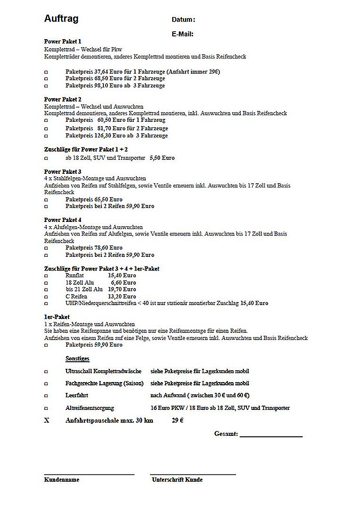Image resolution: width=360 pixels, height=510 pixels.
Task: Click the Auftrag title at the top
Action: [x=61, y=19]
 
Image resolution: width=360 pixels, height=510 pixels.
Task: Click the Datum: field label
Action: [x=183, y=20]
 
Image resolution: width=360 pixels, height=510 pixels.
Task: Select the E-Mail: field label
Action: [x=183, y=34]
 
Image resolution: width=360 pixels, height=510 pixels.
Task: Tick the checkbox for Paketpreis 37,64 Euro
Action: [x=46, y=72]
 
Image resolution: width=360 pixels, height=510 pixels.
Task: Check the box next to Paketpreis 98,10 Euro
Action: [x=46, y=86]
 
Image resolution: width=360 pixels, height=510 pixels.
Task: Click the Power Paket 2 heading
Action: [x=63, y=99]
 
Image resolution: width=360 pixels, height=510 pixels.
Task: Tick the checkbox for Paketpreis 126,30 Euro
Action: [x=46, y=136]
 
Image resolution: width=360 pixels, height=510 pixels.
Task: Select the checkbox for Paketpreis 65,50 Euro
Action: [x=46, y=199]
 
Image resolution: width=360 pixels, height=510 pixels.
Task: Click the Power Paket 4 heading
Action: [x=63, y=220]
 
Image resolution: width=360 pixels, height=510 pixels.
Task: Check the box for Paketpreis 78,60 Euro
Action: [x=46, y=248]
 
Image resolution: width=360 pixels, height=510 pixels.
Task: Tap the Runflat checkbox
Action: [x=46, y=275]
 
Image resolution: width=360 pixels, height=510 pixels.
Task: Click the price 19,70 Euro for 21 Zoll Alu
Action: [x=122, y=289]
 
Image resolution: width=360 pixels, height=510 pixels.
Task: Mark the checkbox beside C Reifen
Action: [x=46, y=297]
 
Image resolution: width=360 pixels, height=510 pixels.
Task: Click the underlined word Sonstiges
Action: [x=77, y=359]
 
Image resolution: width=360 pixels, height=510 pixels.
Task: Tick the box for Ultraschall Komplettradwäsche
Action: [x=46, y=372]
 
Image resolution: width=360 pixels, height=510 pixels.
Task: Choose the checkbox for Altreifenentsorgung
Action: [x=46, y=408]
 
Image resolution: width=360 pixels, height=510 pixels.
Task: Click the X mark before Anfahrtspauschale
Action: [x=46, y=420]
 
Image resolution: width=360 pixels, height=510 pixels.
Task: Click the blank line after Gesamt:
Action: [x=271, y=434]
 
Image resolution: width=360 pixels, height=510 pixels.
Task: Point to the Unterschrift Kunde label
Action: [x=177, y=479]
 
